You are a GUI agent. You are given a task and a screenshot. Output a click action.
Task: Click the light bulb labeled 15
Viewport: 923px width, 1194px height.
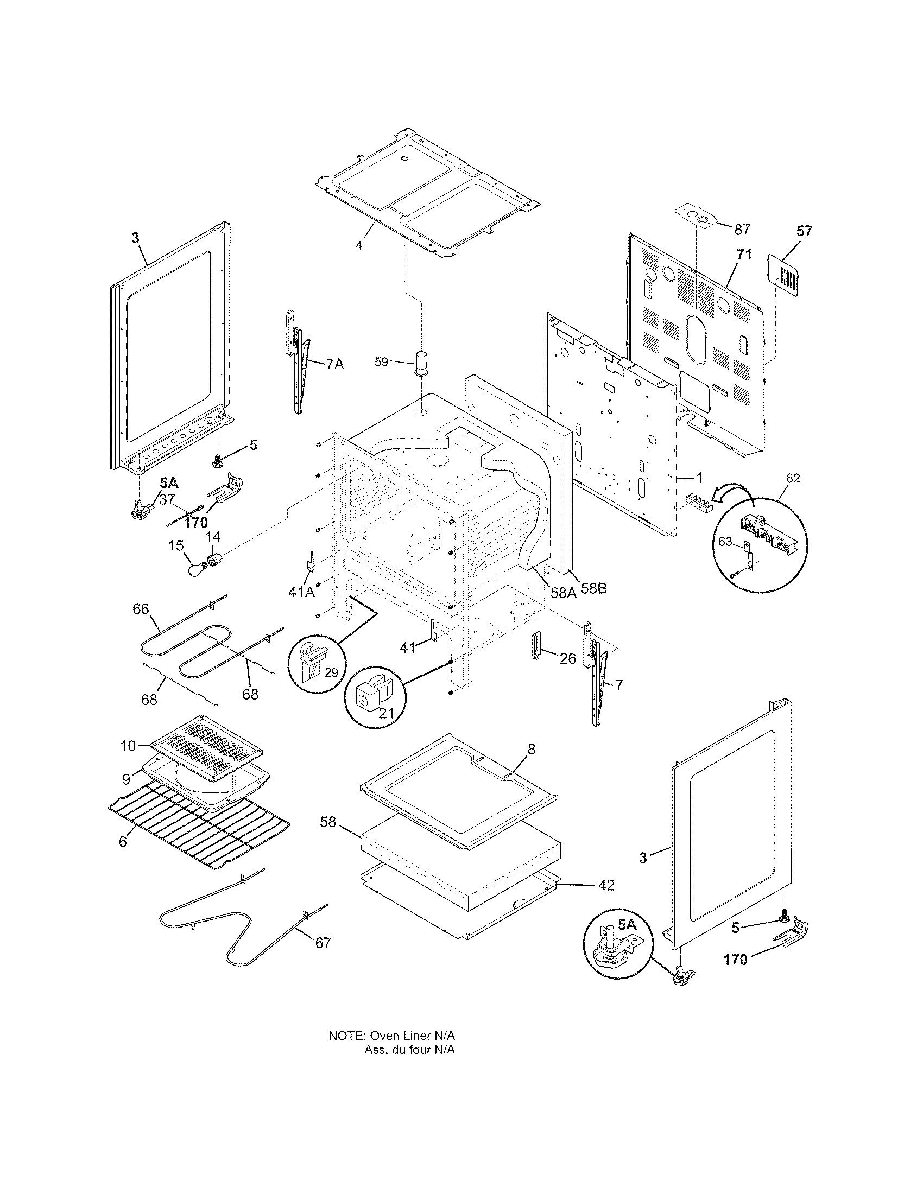[x=195, y=569]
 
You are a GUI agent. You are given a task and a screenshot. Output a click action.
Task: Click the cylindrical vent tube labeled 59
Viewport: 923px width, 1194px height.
[x=421, y=364]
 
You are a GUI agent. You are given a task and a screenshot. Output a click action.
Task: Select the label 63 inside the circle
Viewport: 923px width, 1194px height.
[x=725, y=542]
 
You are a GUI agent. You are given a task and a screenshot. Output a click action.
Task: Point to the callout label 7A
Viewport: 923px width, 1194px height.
[x=335, y=364]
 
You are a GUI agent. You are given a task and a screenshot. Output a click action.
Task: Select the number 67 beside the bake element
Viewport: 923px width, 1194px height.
[x=323, y=943]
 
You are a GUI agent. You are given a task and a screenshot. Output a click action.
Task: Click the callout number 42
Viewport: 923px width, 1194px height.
[x=606, y=885]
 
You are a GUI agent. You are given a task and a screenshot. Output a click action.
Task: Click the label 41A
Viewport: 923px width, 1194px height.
[x=301, y=591]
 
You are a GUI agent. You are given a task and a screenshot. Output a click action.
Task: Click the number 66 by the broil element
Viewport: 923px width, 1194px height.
[x=141, y=608]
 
